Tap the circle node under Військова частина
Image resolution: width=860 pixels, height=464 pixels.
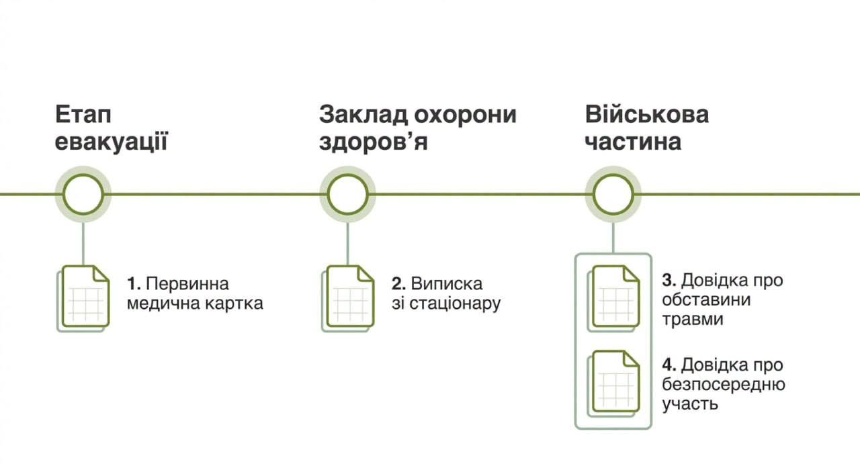(x=613, y=174)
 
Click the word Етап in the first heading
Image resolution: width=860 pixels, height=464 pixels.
(x=83, y=114)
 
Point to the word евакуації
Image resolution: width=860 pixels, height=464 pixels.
(x=112, y=142)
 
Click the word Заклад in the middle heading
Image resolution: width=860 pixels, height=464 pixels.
(x=363, y=115)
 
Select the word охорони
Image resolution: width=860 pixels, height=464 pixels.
(x=465, y=115)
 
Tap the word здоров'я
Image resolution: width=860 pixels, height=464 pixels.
(x=373, y=142)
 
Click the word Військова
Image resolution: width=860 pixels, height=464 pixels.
(x=647, y=114)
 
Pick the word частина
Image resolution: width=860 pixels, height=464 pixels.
(x=633, y=142)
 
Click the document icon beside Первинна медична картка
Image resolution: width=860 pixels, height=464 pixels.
(x=83, y=299)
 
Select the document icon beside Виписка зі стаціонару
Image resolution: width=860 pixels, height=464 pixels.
(x=348, y=299)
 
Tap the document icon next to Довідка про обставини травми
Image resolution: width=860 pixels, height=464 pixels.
(x=613, y=299)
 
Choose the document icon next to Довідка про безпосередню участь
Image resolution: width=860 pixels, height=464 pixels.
(x=613, y=383)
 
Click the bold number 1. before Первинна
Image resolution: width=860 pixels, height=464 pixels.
(x=134, y=284)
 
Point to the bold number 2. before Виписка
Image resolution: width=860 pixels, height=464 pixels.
(x=399, y=284)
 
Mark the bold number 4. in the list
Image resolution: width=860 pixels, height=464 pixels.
(x=669, y=365)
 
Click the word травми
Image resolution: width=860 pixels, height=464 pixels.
(x=693, y=320)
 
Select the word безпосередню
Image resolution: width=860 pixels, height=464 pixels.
(x=724, y=385)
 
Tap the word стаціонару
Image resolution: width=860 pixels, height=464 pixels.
(x=455, y=304)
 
